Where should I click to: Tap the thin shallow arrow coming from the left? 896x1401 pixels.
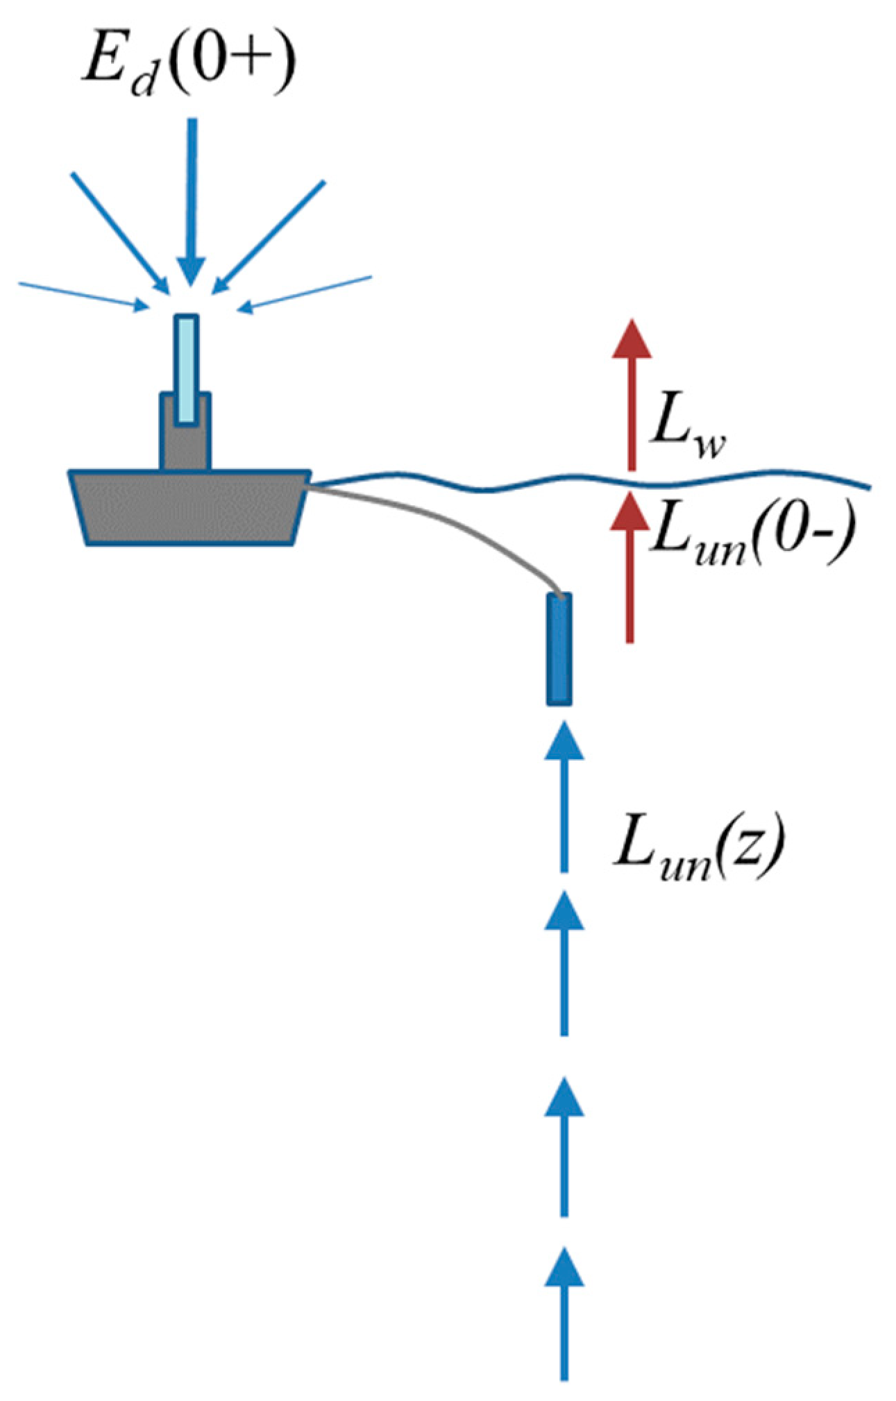tap(83, 296)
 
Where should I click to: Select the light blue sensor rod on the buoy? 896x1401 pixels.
tap(186, 368)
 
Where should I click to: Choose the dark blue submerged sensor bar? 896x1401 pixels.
tap(559, 648)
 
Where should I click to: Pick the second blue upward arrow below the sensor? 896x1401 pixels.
tap(564, 965)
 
